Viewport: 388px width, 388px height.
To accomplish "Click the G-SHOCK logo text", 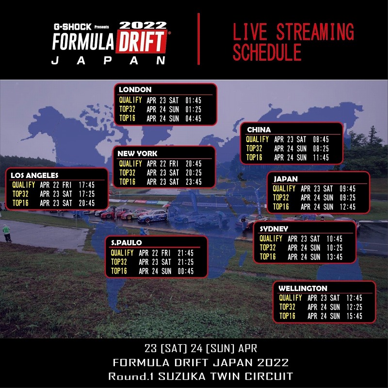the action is (x=73, y=27).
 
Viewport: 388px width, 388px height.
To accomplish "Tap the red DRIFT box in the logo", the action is (x=141, y=41).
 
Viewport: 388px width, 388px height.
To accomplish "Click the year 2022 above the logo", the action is (x=143, y=25).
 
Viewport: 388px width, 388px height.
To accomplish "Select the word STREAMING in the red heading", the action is (x=315, y=32).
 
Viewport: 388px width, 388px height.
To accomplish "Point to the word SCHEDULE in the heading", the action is (x=267, y=52).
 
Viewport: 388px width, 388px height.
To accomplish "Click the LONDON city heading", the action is (x=135, y=90).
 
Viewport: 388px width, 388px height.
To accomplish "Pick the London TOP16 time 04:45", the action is (x=193, y=118).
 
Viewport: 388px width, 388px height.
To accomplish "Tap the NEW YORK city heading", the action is (x=137, y=153).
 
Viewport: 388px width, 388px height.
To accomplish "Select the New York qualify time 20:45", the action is (x=194, y=163).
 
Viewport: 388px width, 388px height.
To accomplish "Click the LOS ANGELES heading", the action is (x=34, y=176).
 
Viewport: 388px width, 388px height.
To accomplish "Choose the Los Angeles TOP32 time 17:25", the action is (x=87, y=194).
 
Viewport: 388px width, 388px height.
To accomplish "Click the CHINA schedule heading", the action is (x=259, y=129).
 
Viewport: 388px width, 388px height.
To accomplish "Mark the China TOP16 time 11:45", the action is (x=321, y=157).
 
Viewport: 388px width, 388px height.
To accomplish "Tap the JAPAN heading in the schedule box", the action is (x=286, y=179).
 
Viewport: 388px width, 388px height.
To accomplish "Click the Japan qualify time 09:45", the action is (x=347, y=189).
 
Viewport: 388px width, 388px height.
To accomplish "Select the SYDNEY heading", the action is (x=274, y=228).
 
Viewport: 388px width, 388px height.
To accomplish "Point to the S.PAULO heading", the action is (x=127, y=243).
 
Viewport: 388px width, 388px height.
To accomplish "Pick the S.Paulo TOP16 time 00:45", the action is (x=186, y=271).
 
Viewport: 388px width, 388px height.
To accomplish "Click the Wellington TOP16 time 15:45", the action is (x=355, y=316).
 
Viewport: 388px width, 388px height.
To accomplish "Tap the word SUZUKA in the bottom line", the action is (x=182, y=376).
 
